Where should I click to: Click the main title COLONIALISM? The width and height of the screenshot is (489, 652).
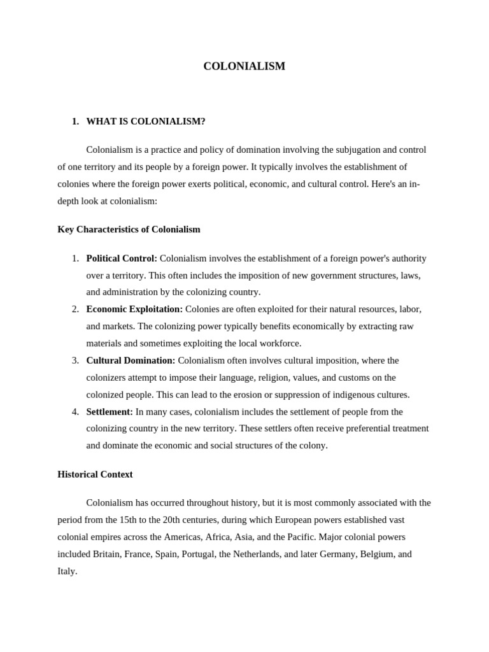(x=244, y=66)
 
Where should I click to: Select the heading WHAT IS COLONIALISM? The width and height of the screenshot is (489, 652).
(x=146, y=122)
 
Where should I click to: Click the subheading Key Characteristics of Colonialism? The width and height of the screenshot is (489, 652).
(x=129, y=229)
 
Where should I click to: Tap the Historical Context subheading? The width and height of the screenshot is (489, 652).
(x=95, y=474)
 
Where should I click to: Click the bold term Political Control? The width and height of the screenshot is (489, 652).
(x=122, y=259)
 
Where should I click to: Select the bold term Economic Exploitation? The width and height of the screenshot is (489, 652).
(x=134, y=309)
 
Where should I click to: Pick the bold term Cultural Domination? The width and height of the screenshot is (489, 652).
(x=131, y=360)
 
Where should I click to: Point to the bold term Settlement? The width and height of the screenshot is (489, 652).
(x=110, y=412)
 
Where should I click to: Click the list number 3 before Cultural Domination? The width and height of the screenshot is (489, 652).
(x=75, y=360)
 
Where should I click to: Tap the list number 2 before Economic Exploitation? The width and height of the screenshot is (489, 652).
(x=75, y=309)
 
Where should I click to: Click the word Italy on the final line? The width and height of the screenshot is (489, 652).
(x=67, y=571)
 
